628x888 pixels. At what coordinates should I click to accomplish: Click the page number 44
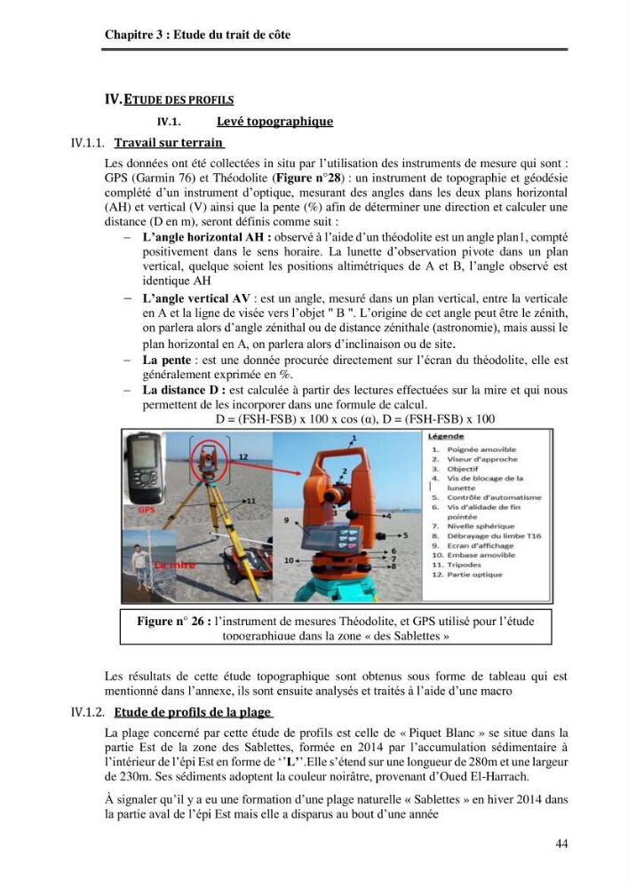561,844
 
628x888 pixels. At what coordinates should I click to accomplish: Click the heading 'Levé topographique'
274,121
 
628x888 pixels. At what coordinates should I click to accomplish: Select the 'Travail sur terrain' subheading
169,142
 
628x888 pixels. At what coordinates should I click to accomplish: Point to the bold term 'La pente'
166,361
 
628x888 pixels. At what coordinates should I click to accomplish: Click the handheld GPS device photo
144,468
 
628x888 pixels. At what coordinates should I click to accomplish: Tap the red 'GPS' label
146,510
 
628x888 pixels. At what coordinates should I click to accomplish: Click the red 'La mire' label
175,565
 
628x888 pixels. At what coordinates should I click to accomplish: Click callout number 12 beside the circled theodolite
242,456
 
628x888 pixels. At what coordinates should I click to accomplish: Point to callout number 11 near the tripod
250,501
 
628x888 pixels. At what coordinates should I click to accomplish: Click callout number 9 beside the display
287,519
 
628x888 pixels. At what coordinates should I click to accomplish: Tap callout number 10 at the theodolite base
289,560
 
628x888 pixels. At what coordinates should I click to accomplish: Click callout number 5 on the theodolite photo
405,535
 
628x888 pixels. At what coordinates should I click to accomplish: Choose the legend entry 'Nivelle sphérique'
481,526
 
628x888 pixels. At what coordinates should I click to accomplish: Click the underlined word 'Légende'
446,436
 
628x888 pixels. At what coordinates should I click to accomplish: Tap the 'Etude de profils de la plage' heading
193,712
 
